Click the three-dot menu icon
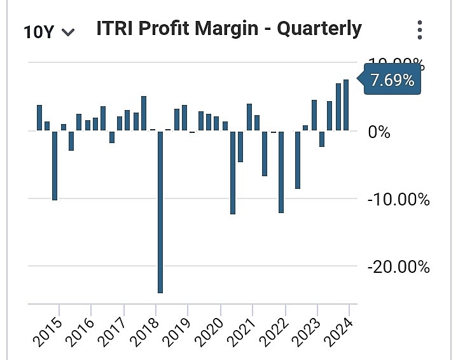419,30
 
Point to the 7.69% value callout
392,81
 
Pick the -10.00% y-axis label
399,199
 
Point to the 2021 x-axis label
242,328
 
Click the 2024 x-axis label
340,328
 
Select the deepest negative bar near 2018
160,211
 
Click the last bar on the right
346,105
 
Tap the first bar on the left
39,118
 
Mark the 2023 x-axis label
307,328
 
